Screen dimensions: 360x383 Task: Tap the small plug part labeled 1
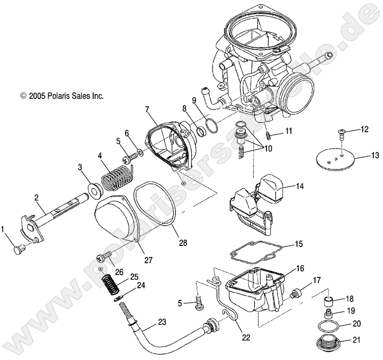(x=19, y=249)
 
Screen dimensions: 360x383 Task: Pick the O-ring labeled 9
(x=212, y=126)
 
